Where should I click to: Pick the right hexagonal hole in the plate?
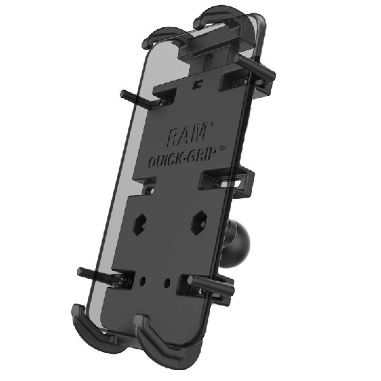pos(197,220)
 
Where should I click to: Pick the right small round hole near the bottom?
pos(166,280)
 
